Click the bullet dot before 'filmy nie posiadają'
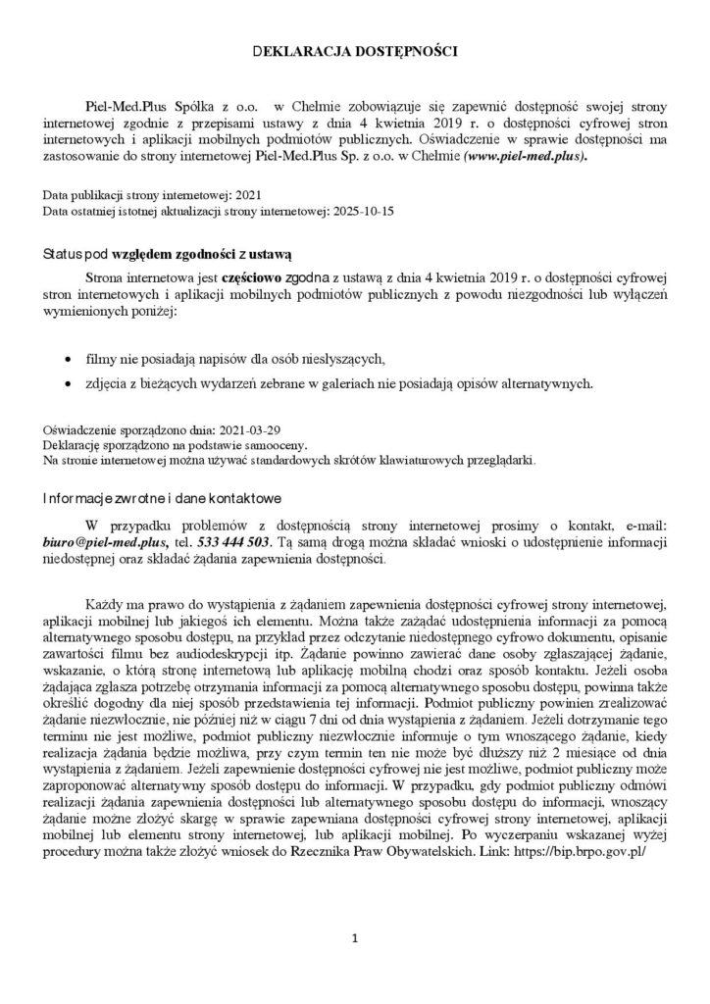(67, 356)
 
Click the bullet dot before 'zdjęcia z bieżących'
(67, 382)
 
